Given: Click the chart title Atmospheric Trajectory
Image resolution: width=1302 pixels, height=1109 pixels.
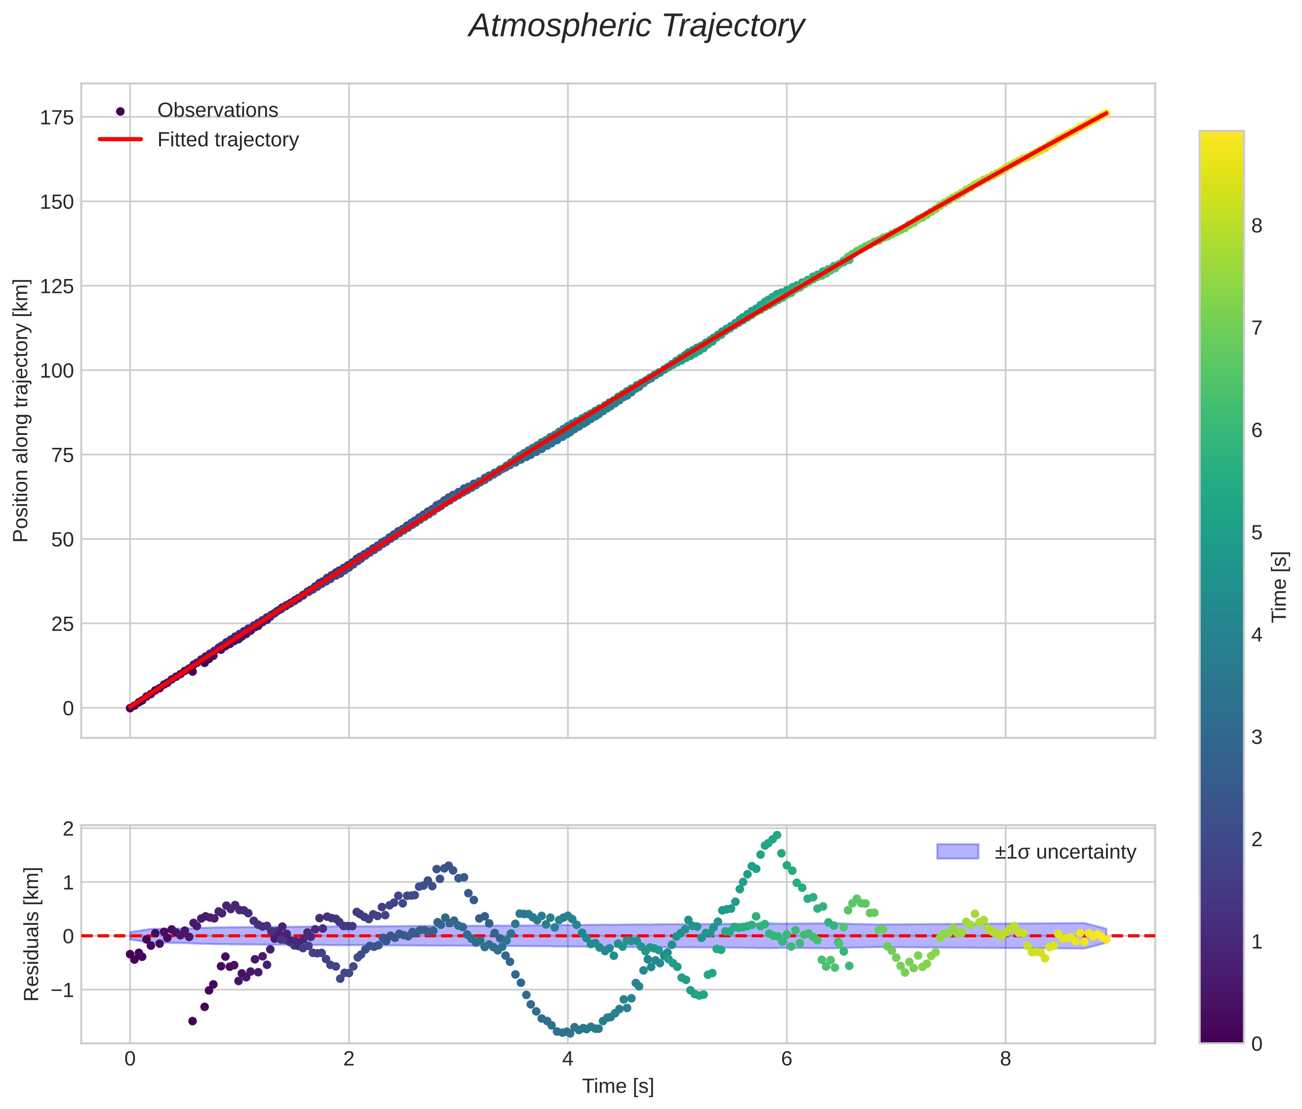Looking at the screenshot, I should [636, 26].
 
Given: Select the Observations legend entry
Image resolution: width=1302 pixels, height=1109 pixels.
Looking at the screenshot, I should [217, 111].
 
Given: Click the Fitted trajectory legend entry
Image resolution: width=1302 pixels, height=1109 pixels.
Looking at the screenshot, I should [228, 139].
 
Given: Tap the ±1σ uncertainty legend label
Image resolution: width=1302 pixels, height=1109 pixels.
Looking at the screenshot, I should [1065, 852].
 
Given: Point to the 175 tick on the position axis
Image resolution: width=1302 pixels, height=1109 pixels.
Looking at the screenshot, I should [57, 118].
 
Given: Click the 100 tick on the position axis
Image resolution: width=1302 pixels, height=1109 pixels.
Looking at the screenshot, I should [57, 371].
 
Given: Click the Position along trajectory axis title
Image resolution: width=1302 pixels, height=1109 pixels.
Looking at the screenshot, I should [21, 410].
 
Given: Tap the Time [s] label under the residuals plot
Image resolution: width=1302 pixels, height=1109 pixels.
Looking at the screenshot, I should [618, 1086].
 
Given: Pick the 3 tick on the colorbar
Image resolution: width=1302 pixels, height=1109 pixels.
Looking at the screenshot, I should [1257, 737].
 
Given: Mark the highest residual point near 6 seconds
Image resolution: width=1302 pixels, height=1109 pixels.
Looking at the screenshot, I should [777, 835].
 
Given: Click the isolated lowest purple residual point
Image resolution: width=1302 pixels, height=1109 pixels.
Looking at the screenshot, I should [193, 1021].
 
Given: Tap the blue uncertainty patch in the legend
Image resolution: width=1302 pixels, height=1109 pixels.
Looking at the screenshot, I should [957, 851].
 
